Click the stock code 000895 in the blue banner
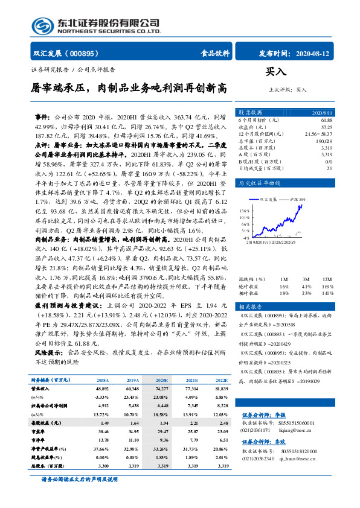(x=84, y=53)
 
